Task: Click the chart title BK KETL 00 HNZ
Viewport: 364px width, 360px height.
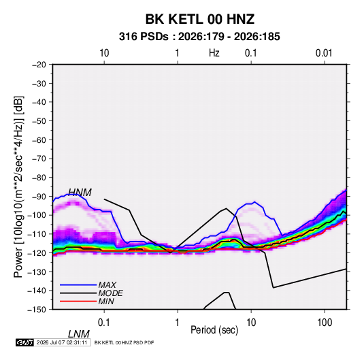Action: click(200, 19)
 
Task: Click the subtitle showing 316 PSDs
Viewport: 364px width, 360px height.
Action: click(199, 37)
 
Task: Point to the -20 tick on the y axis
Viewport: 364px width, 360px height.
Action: click(39, 65)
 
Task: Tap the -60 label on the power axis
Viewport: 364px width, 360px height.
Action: click(39, 140)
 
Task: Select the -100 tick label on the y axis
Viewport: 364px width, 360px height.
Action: click(37, 215)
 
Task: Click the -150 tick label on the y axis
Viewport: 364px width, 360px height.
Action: click(37, 310)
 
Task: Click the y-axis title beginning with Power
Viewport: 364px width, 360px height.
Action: click(18, 186)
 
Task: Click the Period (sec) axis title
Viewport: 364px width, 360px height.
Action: click(214, 330)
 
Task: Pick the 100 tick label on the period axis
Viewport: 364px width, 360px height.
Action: click(325, 323)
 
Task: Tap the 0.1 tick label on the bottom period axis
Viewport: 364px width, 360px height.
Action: click(104, 323)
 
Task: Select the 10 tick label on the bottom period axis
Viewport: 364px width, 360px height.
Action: click(251, 323)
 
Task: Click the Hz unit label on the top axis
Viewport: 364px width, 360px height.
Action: click(214, 53)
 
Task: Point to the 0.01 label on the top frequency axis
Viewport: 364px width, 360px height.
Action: click(324, 53)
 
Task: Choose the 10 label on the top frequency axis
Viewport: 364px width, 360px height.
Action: click(104, 53)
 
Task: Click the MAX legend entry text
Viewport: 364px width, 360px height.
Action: click(107, 285)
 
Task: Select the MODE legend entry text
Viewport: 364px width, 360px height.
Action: click(110, 293)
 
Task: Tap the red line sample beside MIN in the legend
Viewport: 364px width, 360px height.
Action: click(78, 301)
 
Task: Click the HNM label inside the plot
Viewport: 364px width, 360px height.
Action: click(80, 193)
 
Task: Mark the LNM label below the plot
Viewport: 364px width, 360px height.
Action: click(79, 334)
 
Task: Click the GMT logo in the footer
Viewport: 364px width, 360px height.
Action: click(25, 342)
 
